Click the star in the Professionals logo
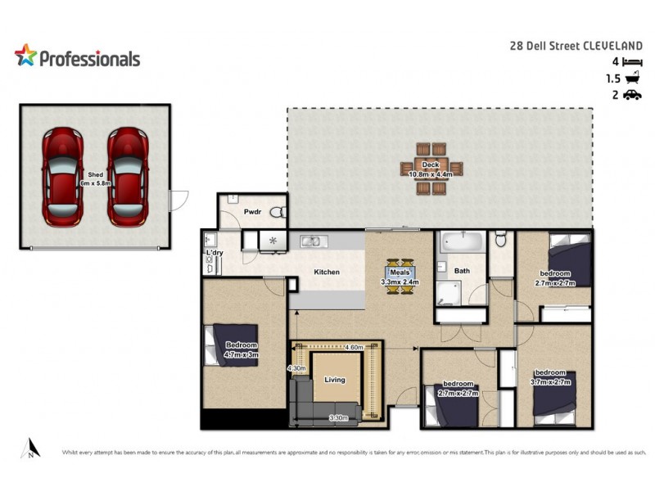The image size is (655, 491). [25, 56]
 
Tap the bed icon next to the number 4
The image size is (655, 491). [631, 62]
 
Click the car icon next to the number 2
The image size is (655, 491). [631, 96]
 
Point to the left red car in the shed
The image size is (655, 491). [62, 176]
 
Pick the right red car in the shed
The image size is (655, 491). [128, 176]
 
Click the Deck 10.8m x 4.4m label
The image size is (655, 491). [431, 169]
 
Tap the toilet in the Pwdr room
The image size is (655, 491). [277, 213]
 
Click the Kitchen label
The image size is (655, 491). [327, 273]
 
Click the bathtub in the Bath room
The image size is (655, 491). [461, 244]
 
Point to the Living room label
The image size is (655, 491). [334, 380]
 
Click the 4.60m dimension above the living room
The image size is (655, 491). [355, 348]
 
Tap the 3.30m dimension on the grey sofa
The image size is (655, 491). [338, 418]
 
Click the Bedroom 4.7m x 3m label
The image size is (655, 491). [241, 350]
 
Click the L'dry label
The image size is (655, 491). [215, 254]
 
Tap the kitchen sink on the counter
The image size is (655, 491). [310, 241]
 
